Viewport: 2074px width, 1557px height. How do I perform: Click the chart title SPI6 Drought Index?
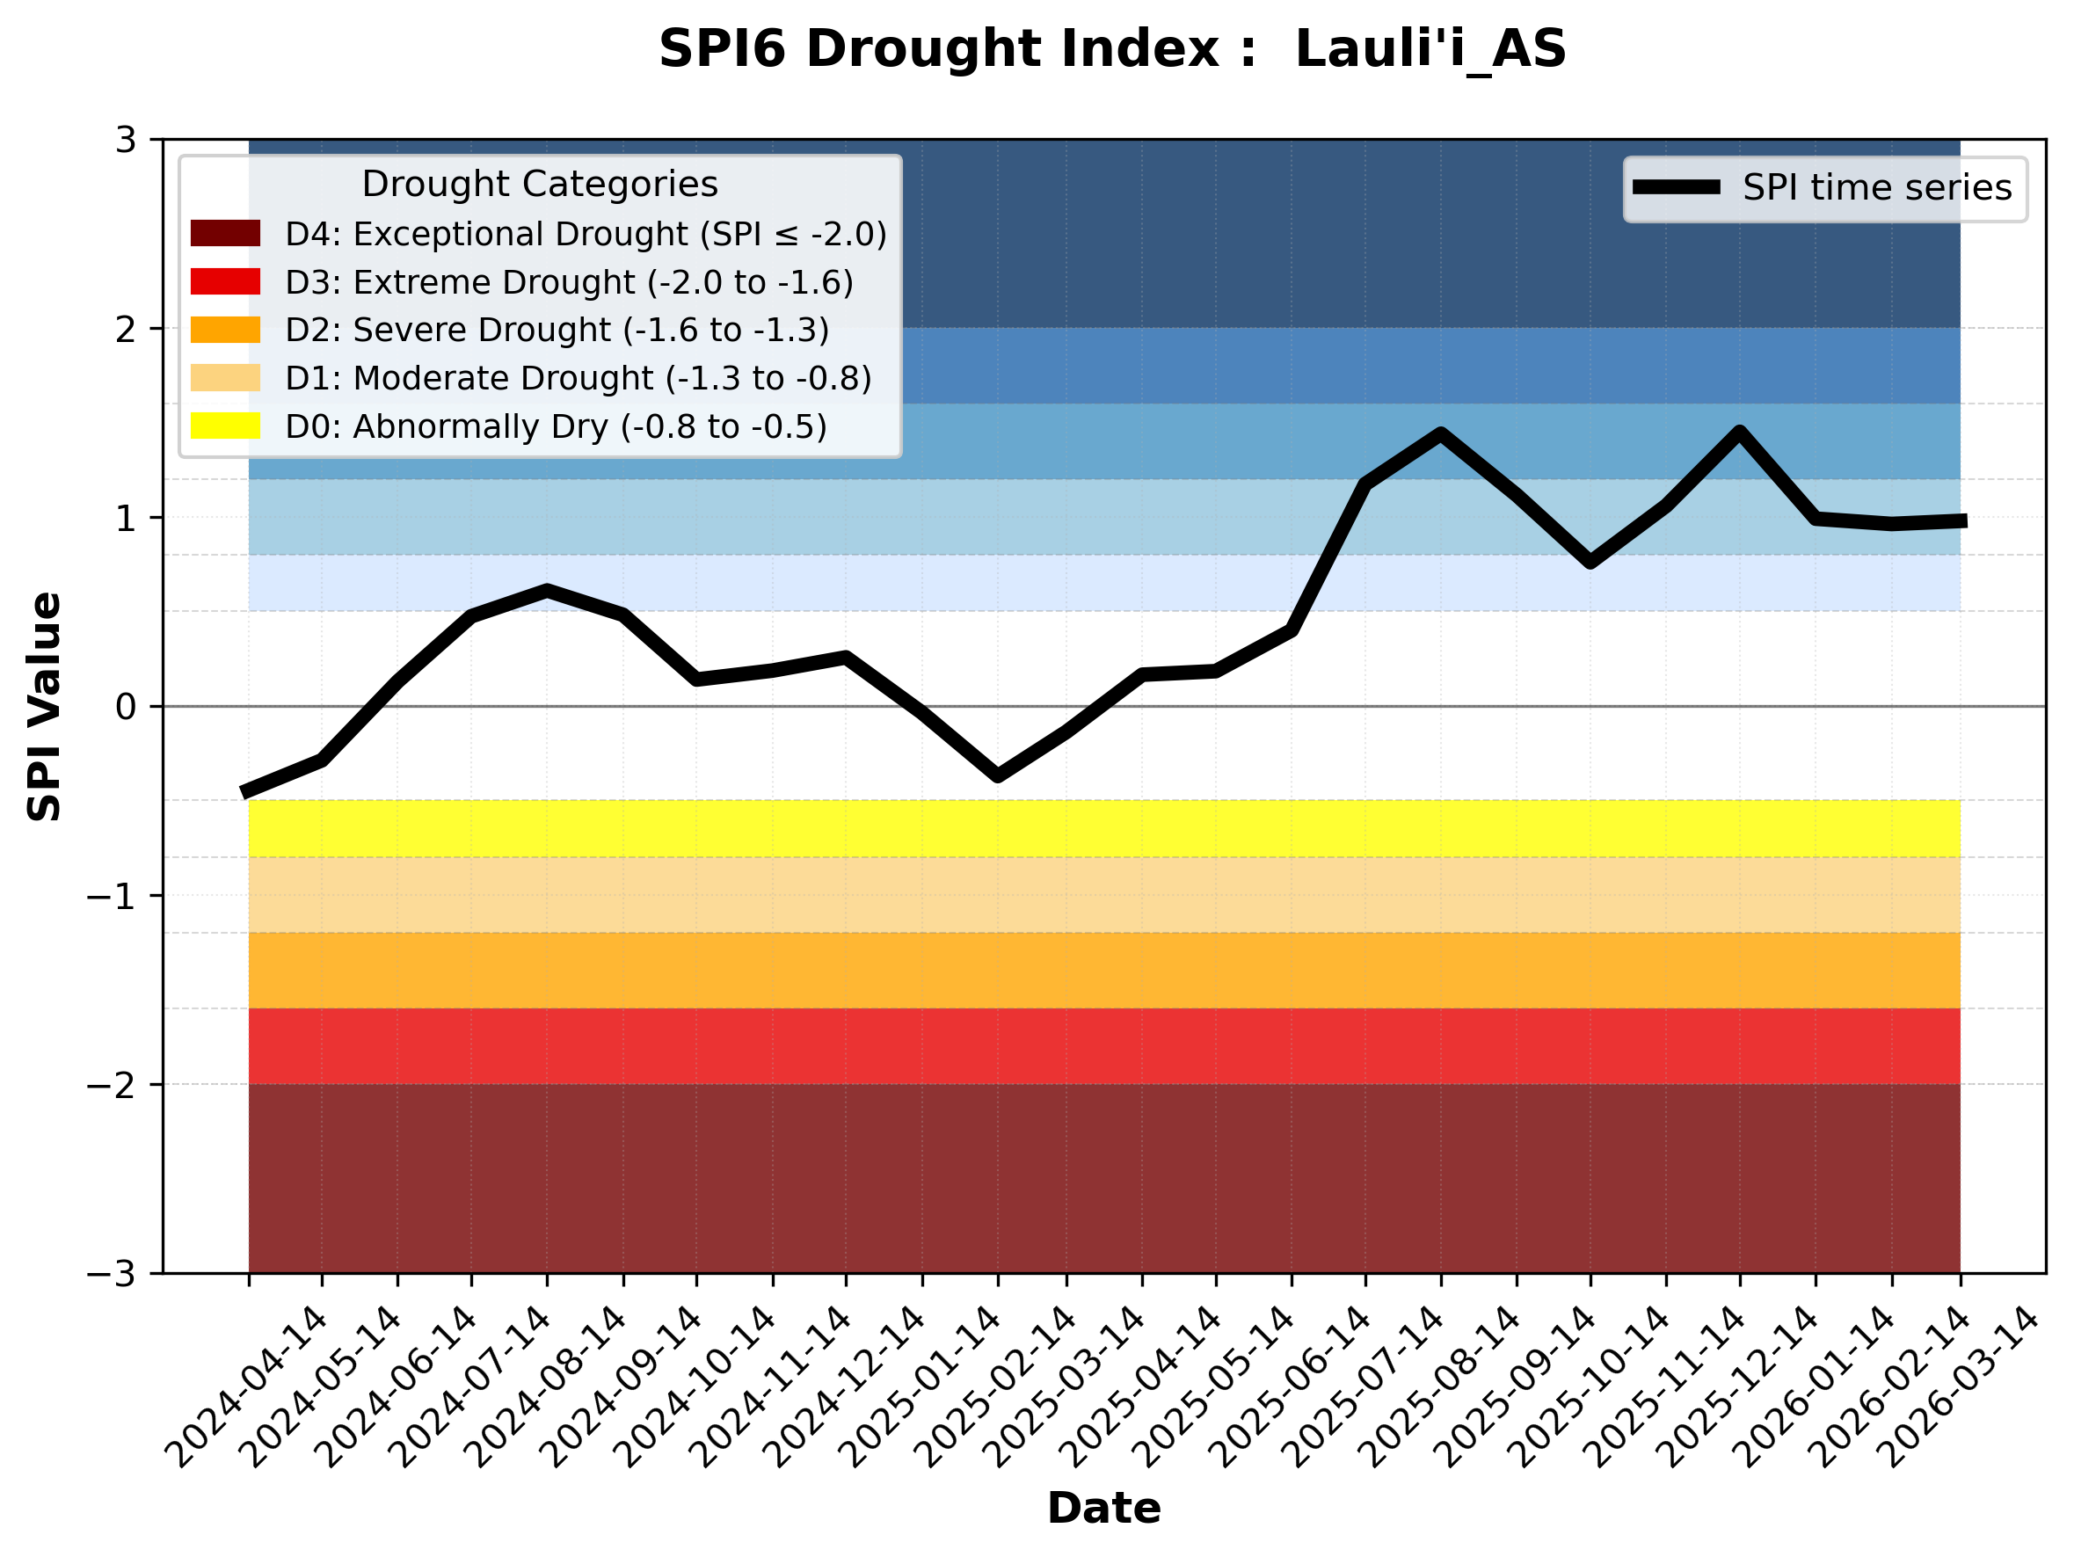(1112, 48)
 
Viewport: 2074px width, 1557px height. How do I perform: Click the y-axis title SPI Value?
(44, 706)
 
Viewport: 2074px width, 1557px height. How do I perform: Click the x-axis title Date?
(1103, 1509)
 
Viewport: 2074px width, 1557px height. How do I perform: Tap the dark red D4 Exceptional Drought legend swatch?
(225, 233)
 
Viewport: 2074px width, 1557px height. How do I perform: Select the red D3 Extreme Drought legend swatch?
(225, 281)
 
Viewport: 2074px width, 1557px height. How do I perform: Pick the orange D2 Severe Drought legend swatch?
(225, 330)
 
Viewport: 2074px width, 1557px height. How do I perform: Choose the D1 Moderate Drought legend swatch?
(225, 378)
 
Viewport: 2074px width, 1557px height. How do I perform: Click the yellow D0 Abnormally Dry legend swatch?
(225, 426)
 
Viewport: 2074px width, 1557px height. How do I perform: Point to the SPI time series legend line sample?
(1677, 187)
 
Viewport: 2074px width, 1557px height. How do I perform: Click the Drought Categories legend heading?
(539, 184)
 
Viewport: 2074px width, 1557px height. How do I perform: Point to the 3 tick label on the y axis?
(126, 141)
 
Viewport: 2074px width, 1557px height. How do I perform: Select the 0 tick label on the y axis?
(126, 707)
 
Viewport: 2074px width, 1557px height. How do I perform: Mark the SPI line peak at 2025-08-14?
(1441, 433)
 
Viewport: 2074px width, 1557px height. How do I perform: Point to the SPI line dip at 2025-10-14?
(1590, 563)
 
